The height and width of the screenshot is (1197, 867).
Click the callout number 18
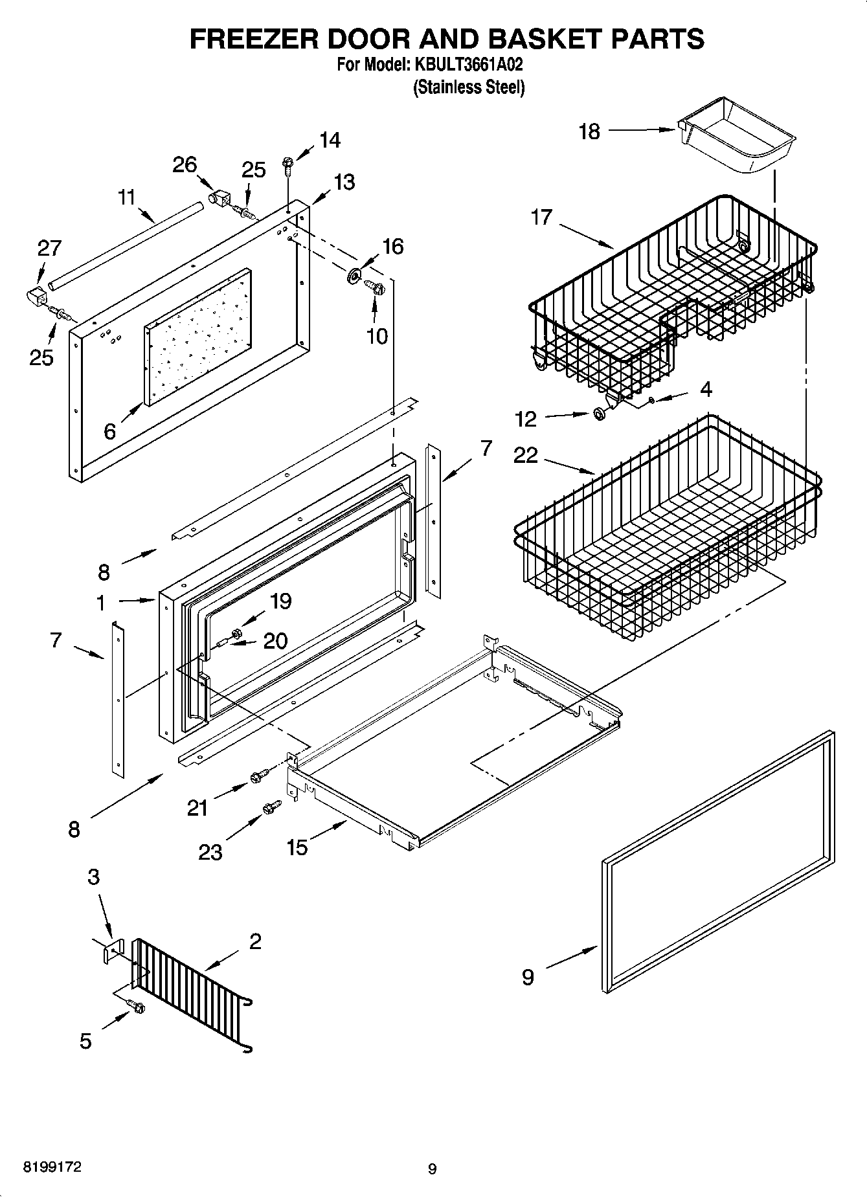(589, 131)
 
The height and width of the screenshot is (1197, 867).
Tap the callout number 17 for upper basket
(541, 217)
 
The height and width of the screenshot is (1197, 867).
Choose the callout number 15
(297, 847)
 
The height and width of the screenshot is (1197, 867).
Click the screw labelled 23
(271, 807)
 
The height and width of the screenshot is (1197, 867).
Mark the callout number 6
(109, 430)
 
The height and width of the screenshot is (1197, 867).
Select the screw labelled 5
(137, 1007)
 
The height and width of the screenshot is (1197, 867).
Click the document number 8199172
(52, 1167)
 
